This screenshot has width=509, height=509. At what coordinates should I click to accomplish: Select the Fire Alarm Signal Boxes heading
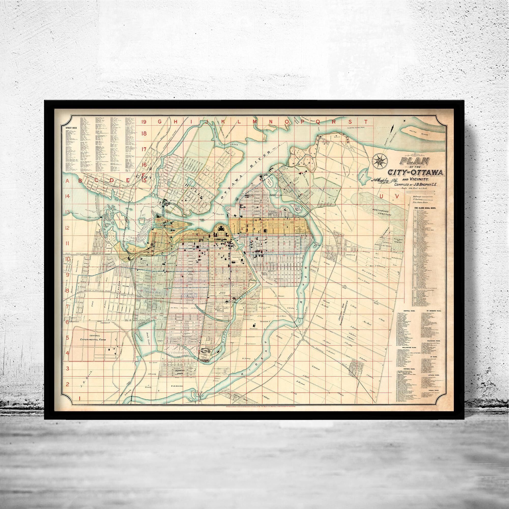tap(421, 208)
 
